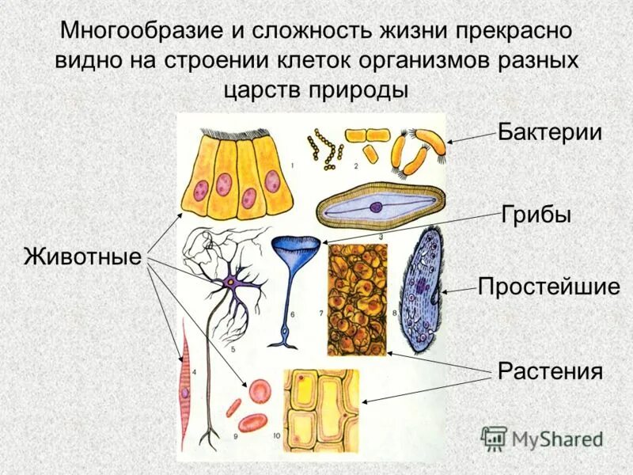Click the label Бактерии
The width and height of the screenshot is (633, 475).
550,132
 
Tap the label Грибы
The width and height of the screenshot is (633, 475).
536,215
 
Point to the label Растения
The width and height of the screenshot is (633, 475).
550,370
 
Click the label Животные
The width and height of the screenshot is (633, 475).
82,256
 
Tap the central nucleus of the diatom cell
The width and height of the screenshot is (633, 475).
375,207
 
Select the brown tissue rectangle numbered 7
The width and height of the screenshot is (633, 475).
357,300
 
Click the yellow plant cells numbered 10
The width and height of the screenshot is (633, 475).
321,407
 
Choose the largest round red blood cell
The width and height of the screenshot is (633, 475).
260,391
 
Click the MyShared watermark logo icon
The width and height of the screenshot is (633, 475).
495,438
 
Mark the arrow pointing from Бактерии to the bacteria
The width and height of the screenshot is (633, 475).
472,139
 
